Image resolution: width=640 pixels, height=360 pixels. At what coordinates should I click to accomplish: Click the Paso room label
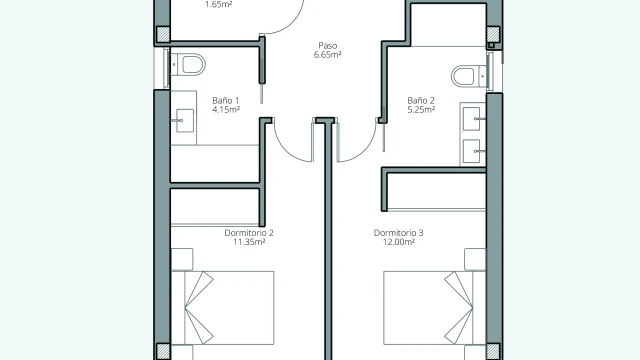click(327, 46)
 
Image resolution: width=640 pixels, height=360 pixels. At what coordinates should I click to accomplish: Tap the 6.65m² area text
click(327, 55)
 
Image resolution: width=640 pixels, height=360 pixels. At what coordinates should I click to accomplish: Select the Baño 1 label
click(226, 100)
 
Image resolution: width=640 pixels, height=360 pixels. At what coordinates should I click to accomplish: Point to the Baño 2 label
click(421, 100)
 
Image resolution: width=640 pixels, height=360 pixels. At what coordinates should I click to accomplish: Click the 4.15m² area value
click(226, 109)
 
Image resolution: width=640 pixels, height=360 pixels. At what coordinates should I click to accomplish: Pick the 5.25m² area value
click(421, 109)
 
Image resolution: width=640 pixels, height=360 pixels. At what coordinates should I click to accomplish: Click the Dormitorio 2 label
click(249, 233)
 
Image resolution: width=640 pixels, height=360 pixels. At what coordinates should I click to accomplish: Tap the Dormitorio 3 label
click(398, 233)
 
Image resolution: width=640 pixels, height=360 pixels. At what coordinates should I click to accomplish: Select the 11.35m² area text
click(249, 242)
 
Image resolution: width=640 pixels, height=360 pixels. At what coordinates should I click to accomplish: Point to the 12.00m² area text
click(398, 242)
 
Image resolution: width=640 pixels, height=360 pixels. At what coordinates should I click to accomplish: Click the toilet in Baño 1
click(188, 64)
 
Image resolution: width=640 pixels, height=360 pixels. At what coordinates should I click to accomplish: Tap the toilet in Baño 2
click(469, 76)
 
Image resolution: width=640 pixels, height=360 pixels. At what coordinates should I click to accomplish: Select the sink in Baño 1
click(184, 120)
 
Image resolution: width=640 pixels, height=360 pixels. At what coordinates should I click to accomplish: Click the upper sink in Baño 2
click(472, 119)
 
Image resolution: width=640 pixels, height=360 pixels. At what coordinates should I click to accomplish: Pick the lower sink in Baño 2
click(472, 151)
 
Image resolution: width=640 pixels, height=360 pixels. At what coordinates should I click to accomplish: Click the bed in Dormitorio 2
click(222, 308)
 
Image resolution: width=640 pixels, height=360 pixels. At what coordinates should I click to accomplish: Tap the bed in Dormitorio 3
click(435, 308)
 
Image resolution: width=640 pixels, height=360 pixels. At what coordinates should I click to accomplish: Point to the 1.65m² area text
click(218, 5)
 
